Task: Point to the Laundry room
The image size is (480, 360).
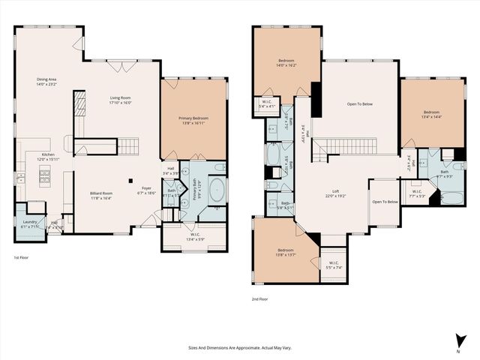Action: pyautogui.click(x=30, y=223)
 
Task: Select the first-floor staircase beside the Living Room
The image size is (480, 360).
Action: pyautogui.click(x=130, y=145)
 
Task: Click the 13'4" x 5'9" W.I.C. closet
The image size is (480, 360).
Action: pyautogui.click(x=193, y=238)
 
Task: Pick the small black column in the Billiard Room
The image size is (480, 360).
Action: pyautogui.click(x=130, y=180)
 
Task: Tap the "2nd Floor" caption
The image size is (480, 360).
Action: pyautogui.click(x=260, y=298)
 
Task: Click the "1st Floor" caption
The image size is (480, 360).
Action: pyautogui.click(x=22, y=257)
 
